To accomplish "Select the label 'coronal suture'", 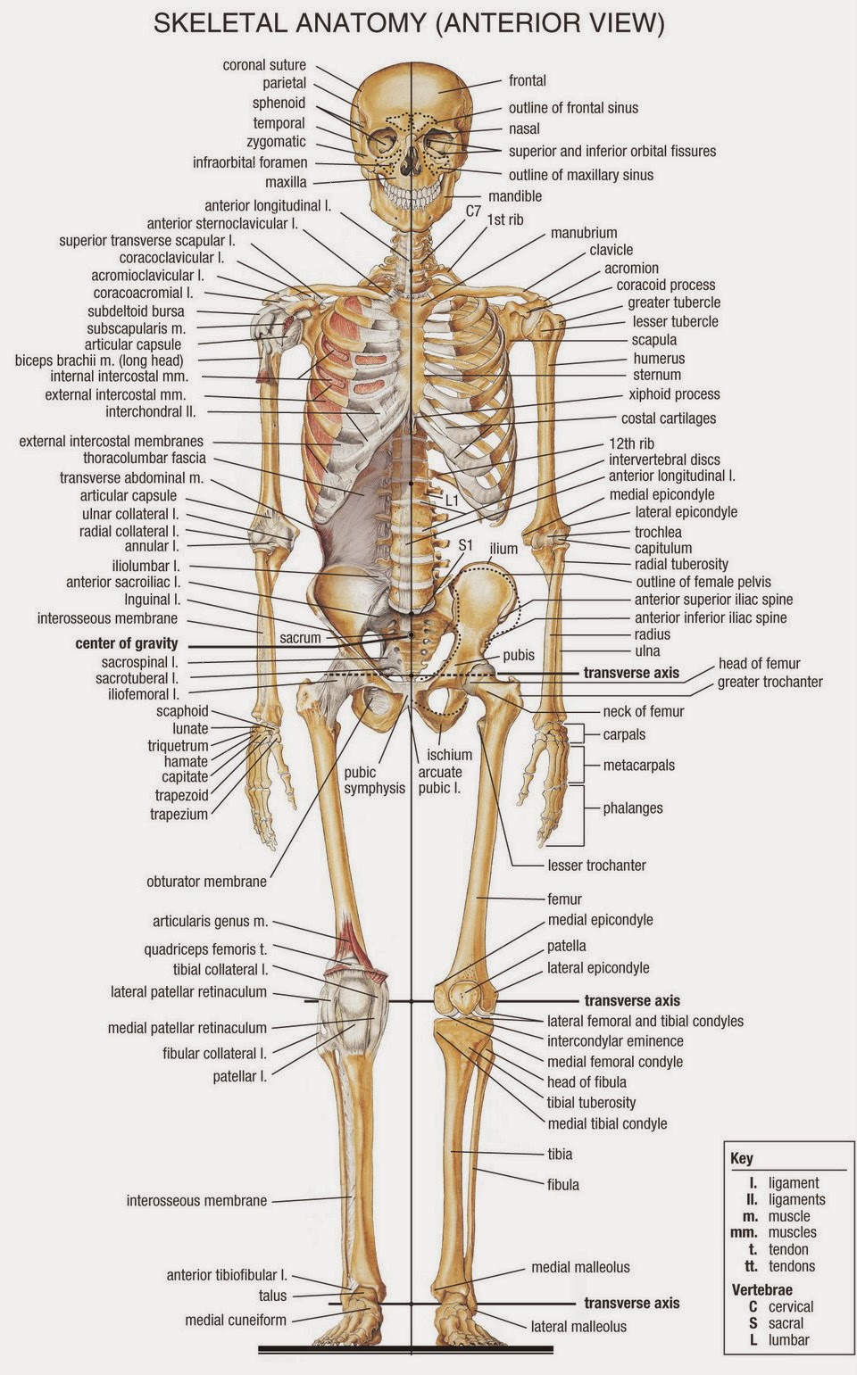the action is pyautogui.click(x=264, y=65).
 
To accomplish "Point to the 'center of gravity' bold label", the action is pyautogui.click(x=127, y=643).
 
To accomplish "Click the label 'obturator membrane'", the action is pyautogui.click(x=206, y=882).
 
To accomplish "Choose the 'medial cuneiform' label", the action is pyautogui.click(x=236, y=1320).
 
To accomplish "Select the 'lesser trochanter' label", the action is pyautogui.click(x=596, y=865).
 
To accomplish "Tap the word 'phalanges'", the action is pyautogui.click(x=633, y=808).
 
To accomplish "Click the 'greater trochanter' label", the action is pyautogui.click(x=770, y=683).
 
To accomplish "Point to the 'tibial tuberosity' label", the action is pyautogui.click(x=591, y=1103).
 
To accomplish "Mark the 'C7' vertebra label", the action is pyautogui.click(x=473, y=211).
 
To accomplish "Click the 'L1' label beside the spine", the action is pyautogui.click(x=452, y=501).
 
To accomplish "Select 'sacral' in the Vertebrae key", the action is pyautogui.click(x=786, y=1323).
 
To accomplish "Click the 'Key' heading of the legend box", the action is pyautogui.click(x=742, y=1158).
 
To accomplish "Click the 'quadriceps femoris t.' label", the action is pyautogui.click(x=205, y=949).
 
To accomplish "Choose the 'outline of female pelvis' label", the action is pyautogui.click(x=703, y=582).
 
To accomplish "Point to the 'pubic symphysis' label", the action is pyautogui.click(x=375, y=780).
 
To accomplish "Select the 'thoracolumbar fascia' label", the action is pyautogui.click(x=145, y=458).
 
